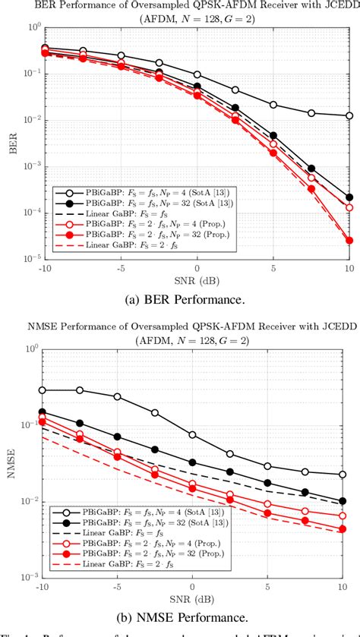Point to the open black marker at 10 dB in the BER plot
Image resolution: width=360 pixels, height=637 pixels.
coord(348,116)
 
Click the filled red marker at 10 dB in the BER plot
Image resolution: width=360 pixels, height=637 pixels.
coord(348,241)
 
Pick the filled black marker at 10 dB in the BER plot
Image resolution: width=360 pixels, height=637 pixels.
coord(348,197)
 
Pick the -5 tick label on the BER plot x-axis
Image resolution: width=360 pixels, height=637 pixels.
coord(118,268)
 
